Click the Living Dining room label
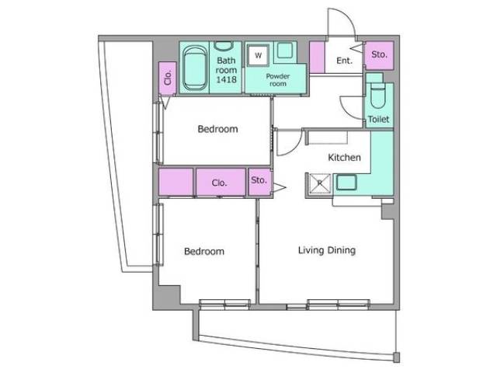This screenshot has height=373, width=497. pyautogui.click(x=327, y=250)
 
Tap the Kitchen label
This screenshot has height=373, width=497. pyautogui.click(x=344, y=157)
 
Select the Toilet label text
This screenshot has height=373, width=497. pyautogui.click(x=378, y=119)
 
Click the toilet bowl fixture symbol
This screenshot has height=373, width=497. pyautogui.click(x=377, y=96)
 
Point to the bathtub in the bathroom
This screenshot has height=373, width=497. pyautogui.click(x=195, y=68)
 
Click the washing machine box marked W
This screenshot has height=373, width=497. pyautogui.click(x=259, y=55)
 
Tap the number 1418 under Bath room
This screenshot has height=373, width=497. pyautogui.click(x=226, y=79)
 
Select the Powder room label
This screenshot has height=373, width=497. pyautogui.click(x=278, y=80)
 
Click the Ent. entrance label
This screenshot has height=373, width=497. pyautogui.click(x=344, y=61)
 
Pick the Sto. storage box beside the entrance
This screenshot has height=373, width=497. pyautogui.click(x=380, y=55)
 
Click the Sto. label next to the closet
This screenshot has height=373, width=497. pyautogui.click(x=259, y=180)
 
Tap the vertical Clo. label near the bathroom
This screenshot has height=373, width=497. pyautogui.click(x=168, y=78)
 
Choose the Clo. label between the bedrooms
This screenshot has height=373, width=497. pyautogui.click(x=219, y=183)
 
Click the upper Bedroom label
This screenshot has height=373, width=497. pyautogui.click(x=217, y=129)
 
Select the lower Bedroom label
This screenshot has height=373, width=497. pyautogui.click(x=204, y=252)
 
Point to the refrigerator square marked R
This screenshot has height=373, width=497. pyautogui.click(x=319, y=183)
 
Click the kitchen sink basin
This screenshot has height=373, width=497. pyautogui.click(x=346, y=183)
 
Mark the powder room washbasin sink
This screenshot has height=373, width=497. pyautogui.click(x=285, y=50)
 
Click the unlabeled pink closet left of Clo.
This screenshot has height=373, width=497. pyautogui.click(x=176, y=182)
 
